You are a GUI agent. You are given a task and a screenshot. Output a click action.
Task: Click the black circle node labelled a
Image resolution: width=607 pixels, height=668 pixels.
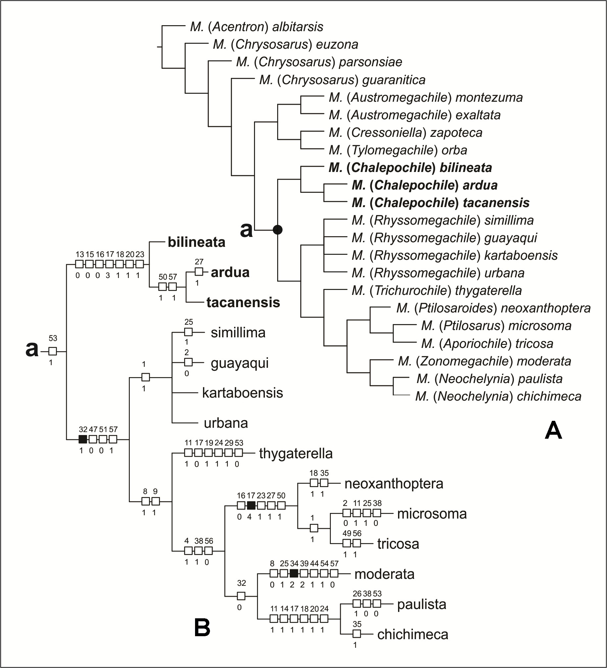click(278, 229)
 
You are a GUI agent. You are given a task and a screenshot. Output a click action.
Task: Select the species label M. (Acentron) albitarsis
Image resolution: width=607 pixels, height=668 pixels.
click(257, 27)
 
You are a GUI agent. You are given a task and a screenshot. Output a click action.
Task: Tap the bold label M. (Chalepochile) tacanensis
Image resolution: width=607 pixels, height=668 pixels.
click(440, 203)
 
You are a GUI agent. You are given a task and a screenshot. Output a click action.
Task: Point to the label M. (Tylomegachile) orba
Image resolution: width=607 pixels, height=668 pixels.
click(398, 150)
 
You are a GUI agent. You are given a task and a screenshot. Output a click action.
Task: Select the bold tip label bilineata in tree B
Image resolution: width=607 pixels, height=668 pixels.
click(196, 242)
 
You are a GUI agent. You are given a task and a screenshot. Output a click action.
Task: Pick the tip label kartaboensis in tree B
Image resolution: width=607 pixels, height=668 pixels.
click(242, 393)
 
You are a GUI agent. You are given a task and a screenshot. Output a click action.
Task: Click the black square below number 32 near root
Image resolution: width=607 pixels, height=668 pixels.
click(83, 439)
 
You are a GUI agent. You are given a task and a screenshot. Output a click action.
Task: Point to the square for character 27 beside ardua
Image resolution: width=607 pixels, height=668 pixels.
click(199, 272)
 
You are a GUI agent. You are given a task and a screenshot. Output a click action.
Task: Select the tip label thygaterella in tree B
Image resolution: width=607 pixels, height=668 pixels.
click(296, 453)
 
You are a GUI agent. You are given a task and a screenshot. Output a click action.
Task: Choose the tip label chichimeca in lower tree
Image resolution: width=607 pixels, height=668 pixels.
click(413, 634)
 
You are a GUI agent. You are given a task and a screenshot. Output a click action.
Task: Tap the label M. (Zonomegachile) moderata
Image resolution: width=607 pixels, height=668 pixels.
click(484, 361)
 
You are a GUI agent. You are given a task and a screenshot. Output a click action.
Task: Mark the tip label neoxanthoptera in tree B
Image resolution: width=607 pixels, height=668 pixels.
click(394, 483)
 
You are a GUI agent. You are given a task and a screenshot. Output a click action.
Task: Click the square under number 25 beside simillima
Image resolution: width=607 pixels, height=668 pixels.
click(188, 332)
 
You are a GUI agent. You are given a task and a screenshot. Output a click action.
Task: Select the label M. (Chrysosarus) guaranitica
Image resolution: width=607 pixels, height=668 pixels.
click(342, 80)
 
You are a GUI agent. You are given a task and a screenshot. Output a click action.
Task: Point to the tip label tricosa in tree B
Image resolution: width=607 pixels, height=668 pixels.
click(398, 544)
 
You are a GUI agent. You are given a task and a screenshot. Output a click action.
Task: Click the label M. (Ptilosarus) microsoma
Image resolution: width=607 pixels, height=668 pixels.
click(496, 326)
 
